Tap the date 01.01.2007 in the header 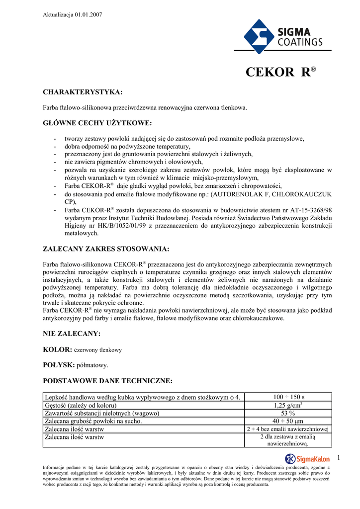pos(89,15)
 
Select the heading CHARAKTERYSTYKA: pos(83,92)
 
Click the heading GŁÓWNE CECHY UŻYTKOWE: pos(97,123)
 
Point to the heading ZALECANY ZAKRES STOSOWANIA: pos(106,249)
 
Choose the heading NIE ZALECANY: pos(72,334)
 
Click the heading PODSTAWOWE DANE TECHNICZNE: pos(108,381)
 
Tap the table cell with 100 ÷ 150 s pos(289,397)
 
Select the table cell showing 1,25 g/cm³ pos(289,405)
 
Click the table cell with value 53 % pos(289,413)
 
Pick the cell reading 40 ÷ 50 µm pos(289,421)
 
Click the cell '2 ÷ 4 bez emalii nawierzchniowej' pos(289,429)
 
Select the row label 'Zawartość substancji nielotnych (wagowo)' pos(102,413)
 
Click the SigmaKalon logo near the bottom pos(307,458)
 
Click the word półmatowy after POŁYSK pos(92,365)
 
